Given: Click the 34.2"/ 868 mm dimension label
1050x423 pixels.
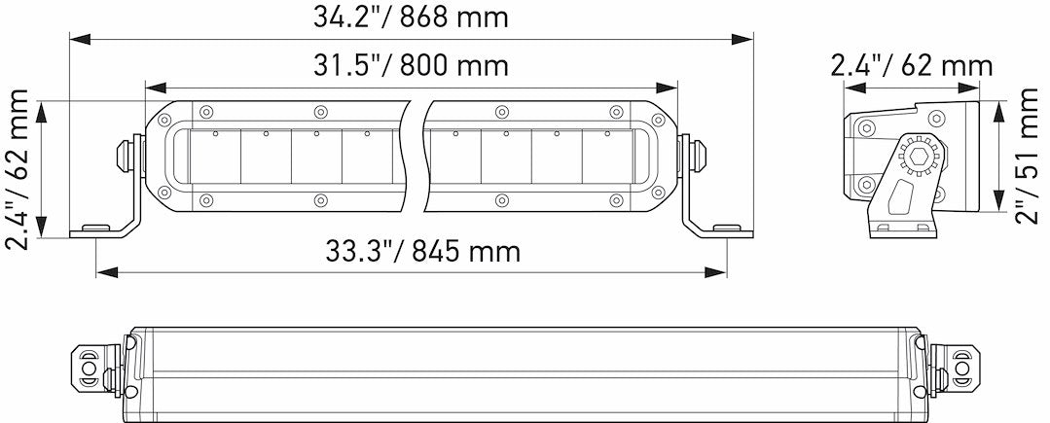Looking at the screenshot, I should click(411, 17).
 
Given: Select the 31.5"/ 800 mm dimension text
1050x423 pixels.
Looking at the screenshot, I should click(411, 65).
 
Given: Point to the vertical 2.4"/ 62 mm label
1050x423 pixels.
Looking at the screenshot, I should click(18, 168).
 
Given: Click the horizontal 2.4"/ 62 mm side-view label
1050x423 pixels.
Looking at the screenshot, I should click(911, 65).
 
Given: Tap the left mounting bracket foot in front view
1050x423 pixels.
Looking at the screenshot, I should click(97, 229).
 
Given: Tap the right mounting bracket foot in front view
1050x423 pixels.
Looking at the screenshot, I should click(724, 229).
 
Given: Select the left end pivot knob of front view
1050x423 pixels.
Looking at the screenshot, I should click(125, 154).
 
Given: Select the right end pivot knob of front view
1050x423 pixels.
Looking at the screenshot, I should click(697, 154).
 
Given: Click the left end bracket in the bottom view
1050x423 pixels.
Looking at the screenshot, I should click(91, 370).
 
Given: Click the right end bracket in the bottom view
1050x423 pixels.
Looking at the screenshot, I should click(959, 370).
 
